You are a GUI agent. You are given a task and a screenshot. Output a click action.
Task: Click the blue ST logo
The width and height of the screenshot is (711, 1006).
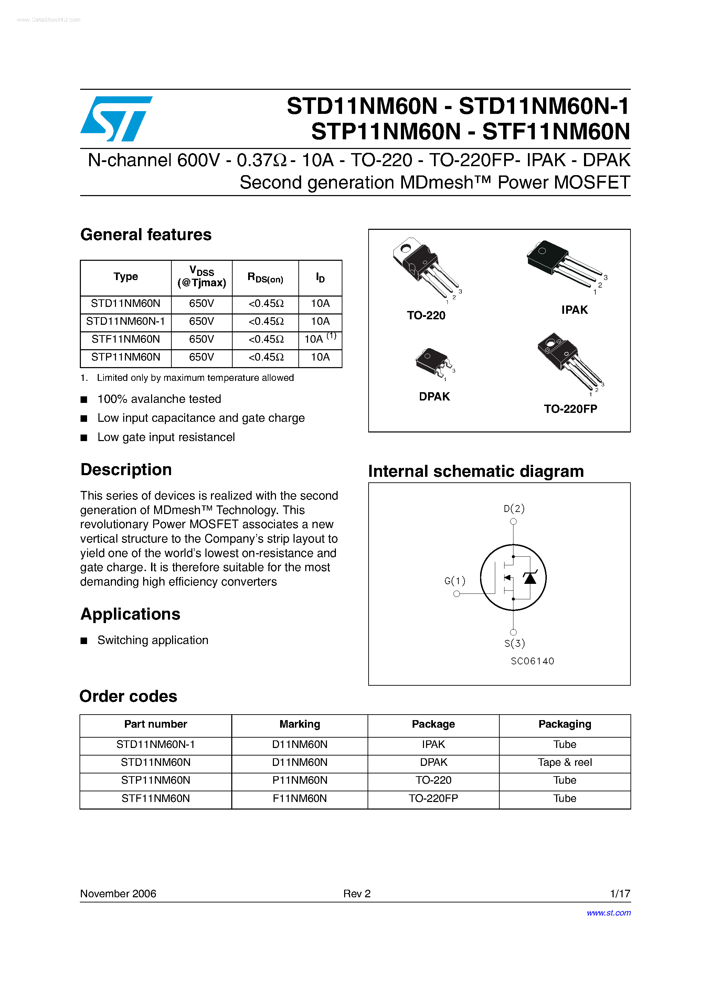click(x=116, y=118)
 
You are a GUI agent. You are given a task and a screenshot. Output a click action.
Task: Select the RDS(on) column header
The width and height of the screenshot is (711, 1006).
click(x=265, y=278)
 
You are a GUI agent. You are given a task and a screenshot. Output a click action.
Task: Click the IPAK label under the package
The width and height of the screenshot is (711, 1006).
click(x=574, y=310)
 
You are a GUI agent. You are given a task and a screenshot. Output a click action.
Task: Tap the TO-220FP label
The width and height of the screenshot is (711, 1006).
click(x=570, y=409)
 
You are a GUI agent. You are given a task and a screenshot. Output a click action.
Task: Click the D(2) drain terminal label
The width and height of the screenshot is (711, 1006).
click(x=514, y=508)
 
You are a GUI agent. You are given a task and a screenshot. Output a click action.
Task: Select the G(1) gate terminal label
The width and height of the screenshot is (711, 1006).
click(x=455, y=580)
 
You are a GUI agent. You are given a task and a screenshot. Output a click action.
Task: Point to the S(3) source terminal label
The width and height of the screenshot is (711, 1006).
click(x=514, y=643)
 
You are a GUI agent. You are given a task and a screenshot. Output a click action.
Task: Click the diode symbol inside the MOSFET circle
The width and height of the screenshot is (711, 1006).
click(x=530, y=578)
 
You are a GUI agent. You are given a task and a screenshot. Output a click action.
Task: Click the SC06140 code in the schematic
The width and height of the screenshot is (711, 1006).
click(x=532, y=661)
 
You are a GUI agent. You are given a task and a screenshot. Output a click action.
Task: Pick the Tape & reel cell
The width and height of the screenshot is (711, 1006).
click(x=565, y=762)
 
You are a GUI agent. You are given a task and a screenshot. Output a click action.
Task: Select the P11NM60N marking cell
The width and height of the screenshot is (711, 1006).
click(x=299, y=780)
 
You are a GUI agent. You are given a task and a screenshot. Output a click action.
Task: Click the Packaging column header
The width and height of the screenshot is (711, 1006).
click(x=565, y=724)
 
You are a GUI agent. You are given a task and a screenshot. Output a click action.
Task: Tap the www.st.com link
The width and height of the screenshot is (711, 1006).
click(x=608, y=913)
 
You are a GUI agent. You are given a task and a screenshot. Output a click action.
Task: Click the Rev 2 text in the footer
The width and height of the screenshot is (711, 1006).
click(x=357, y=893)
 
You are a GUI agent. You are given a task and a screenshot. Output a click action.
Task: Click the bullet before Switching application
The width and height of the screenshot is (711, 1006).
click(x=84, y=641)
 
